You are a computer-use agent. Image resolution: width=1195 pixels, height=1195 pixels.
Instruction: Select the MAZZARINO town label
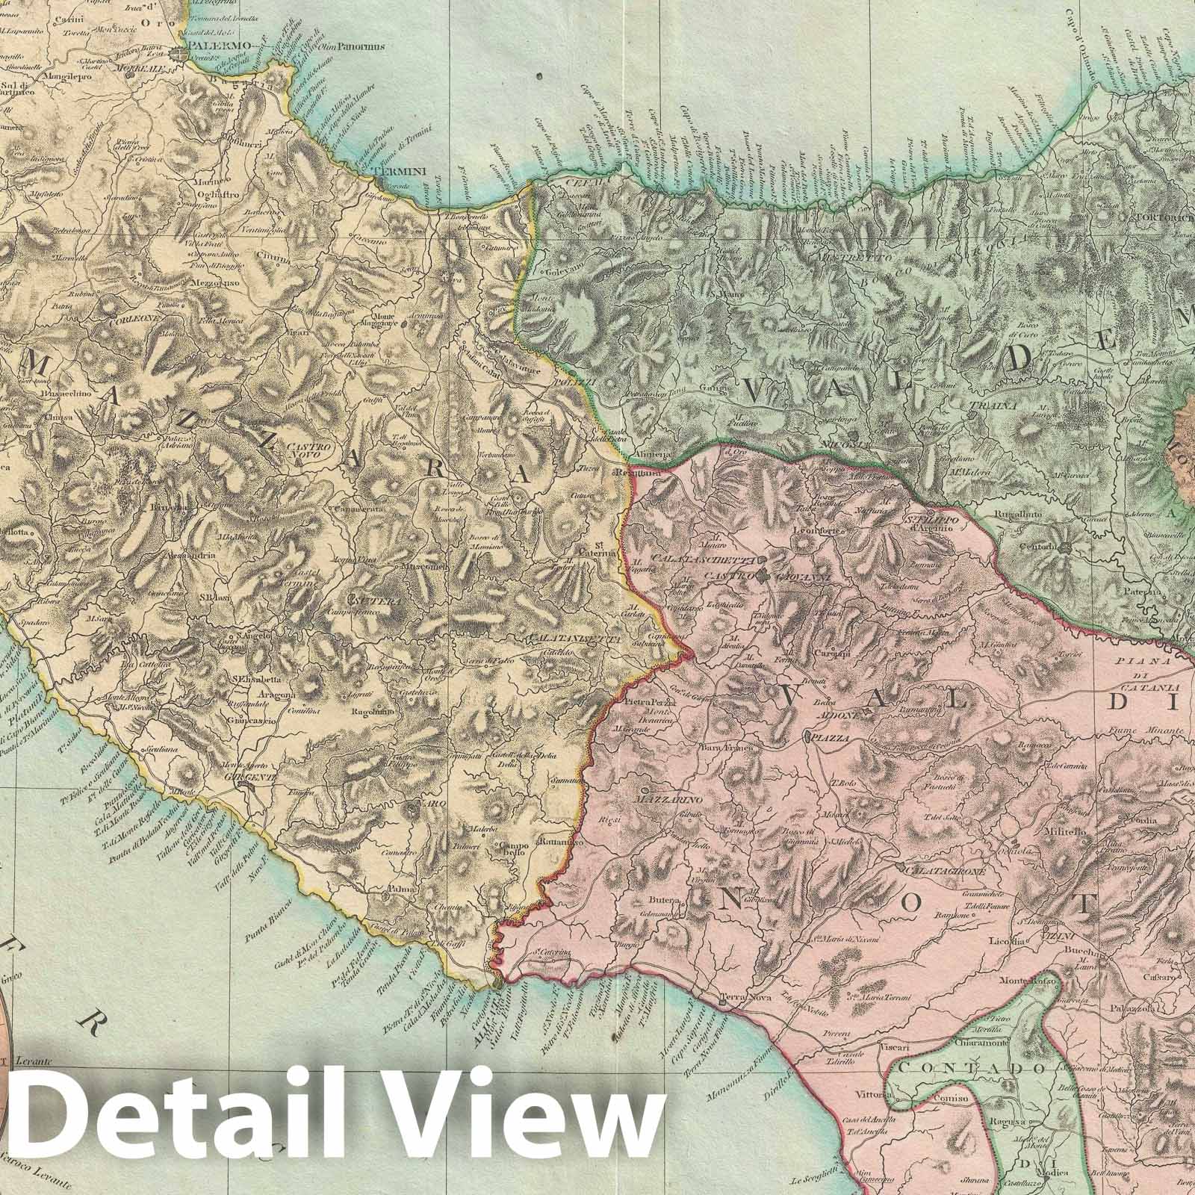pos(665,798)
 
